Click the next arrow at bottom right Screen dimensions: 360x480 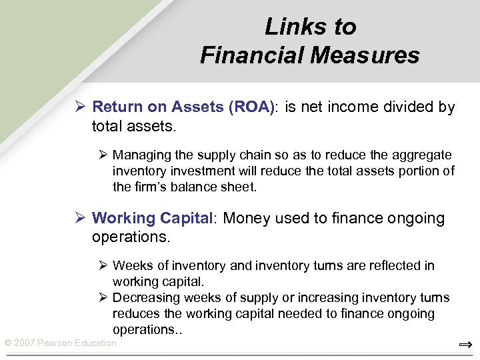pos(465,345)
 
